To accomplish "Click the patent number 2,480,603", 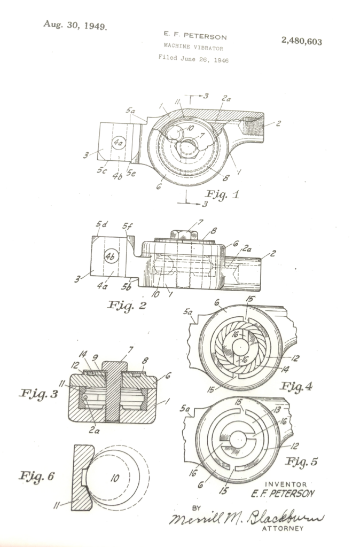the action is [x=301, y=41].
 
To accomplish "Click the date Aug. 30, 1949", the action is [x=75, y=25].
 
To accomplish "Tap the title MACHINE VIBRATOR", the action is [x=193, y=47].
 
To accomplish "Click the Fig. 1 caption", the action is [x=222, y=194].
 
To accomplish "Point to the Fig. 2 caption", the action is [x=127, y=305].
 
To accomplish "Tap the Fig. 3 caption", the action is [x=38, y=394].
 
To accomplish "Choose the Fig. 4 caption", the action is [x=296, y=386].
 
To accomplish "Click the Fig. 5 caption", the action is [x=301, y=462].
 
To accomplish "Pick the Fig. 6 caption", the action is [x=37, y=475].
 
